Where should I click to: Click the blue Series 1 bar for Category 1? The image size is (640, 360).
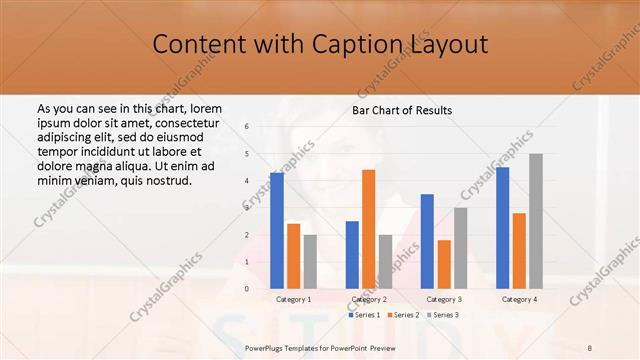coord(276,230)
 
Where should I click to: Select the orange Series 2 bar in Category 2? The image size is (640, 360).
coord(368,229)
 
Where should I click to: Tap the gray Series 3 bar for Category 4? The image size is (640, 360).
coord(536,221)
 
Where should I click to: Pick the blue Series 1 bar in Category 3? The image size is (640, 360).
coord(427,241)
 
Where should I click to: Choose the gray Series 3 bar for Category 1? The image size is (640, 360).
coord(310,261)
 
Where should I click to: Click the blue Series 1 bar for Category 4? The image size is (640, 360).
coord(502,227)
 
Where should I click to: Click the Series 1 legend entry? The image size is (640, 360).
coord(363,315)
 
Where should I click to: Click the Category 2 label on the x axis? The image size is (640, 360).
coord(369,299)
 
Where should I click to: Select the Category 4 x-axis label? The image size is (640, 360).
coord(519,299)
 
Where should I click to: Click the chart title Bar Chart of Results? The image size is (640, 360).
coord(402,109)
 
